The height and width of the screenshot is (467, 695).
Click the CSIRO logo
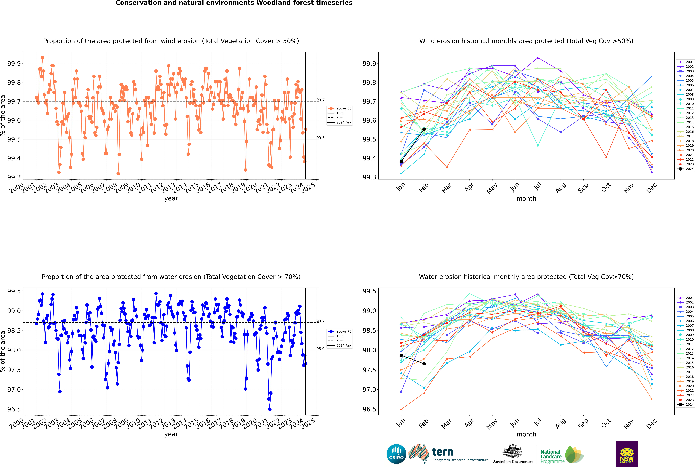(396, 454)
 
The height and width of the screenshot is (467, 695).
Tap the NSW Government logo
(627, 454)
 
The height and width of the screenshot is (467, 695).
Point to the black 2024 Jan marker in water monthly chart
(401, 355)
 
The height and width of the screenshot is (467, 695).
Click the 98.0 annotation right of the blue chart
(321, 349)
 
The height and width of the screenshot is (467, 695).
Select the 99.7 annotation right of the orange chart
(321, 100)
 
